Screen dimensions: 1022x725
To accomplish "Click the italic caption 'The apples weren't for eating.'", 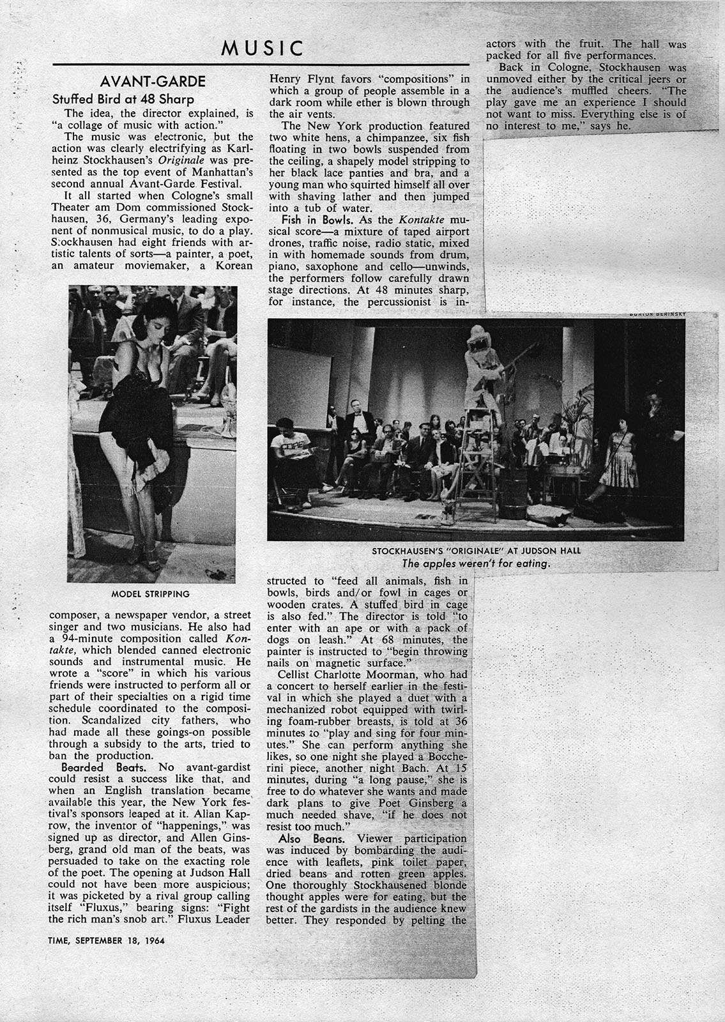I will click(x=476, y=564).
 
